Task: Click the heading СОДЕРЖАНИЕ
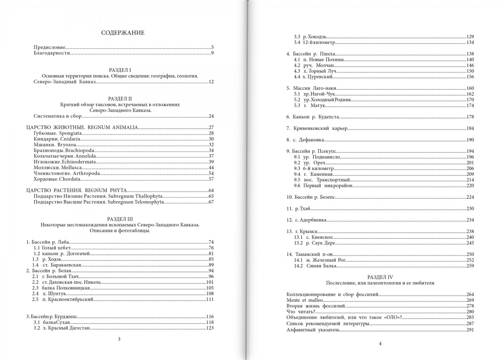(123, 33)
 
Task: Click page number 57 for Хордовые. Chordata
(210, 179)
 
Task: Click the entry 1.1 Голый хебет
(53, 247)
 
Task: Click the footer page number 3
(119, 339)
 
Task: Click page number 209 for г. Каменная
(470, 174)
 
